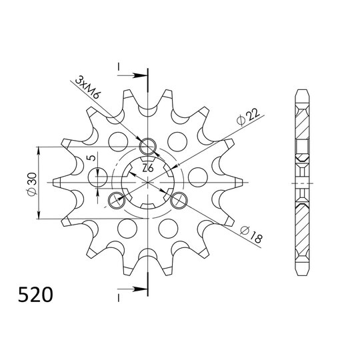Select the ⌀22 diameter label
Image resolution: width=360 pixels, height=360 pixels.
click(x=244, y=119)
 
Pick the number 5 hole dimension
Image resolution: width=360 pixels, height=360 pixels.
click(x=89, y=160)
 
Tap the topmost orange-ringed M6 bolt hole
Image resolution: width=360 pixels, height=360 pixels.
click(x=147, y=147)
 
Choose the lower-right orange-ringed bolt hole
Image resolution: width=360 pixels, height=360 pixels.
click(x=179, y=199)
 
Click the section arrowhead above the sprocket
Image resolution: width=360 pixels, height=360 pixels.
click(x=141, y=73)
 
